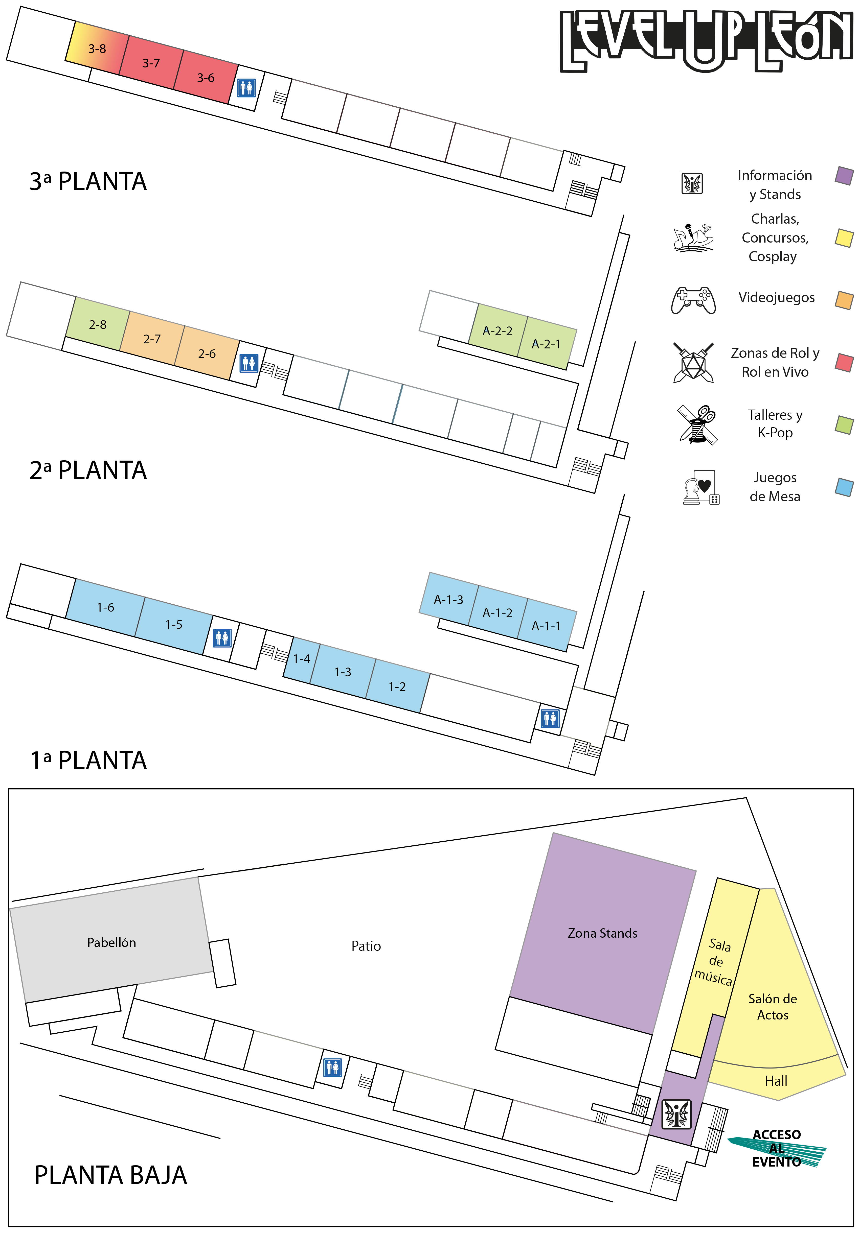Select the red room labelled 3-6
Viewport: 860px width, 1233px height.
206,78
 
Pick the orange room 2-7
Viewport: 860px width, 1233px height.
152,339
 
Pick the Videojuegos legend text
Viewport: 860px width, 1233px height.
776,297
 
